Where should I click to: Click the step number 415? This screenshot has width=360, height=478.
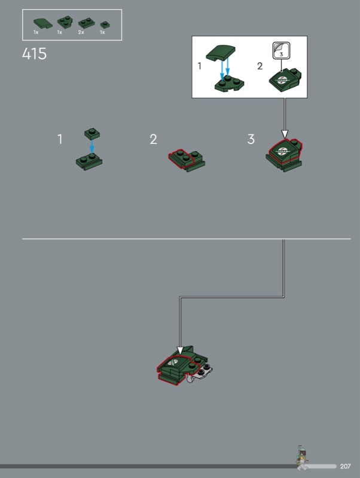[34, 54]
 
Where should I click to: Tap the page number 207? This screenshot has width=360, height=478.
[346, 466]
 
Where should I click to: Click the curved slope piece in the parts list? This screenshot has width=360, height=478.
[42, 23]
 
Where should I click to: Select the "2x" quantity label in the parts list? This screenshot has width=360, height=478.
[81, 32]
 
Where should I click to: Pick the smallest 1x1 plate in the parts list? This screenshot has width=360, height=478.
[105, 24]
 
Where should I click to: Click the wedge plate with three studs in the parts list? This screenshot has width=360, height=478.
[65, 22]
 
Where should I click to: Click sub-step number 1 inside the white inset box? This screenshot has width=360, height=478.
[200, 66]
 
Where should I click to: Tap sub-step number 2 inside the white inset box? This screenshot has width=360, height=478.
[260, 66]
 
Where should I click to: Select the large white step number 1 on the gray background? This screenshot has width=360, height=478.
[60, 139]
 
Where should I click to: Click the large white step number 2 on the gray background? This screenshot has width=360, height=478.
[154, 139]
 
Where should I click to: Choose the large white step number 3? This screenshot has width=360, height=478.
[251, 139]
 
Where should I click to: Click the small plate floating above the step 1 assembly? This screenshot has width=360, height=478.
[92, 134]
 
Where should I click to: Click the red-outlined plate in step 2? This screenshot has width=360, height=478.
[181, 158]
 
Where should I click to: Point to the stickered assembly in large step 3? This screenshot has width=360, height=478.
[284, 155]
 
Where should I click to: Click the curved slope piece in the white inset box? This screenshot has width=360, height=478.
[221, 53]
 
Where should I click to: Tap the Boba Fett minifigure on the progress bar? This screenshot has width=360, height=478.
[302, 458]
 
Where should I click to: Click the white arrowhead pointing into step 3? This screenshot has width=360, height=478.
[285, 134]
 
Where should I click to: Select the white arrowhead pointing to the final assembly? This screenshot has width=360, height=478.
[180, 351]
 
